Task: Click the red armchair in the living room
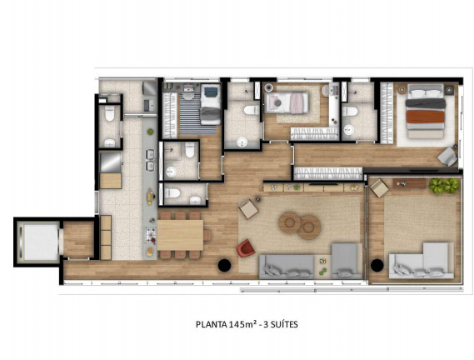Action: point(246,248)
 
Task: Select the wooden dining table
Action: point(180,234)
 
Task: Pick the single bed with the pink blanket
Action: point(287,103)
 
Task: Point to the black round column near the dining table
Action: point(224,265)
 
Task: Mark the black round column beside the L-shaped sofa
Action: point(377,265)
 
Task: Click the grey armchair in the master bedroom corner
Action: point(448,155)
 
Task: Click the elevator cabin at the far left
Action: point(37,241)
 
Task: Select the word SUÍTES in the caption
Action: point(283,324)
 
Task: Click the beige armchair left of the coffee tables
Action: point(248,208)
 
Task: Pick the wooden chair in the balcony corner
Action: point(379,188)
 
